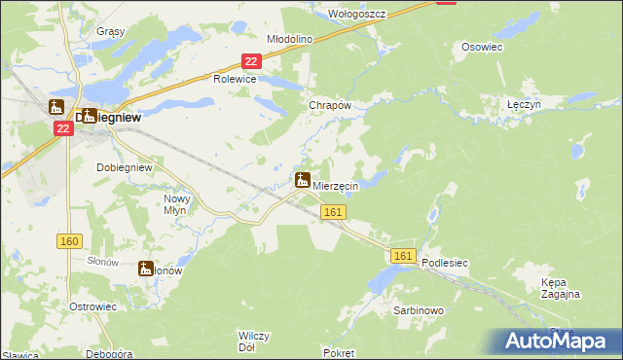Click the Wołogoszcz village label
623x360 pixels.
(x=358, y=15)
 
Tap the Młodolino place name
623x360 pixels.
(x=289, y=39)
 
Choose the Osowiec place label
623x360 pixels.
(x=481, y=46)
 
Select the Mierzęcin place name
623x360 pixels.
(x=336, y=186)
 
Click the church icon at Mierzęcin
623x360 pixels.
(x=303, y=181)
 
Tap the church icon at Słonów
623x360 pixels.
(x=147, y=269)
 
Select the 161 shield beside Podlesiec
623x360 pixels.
(x=405, y=256)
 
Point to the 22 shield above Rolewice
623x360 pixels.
(x=250, y=61)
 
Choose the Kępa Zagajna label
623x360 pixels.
(x=561, y=288)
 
